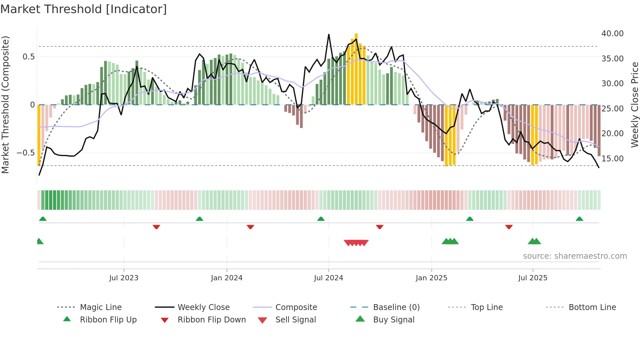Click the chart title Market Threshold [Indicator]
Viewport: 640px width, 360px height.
[84, 9]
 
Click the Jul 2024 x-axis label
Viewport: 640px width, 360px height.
[328, 278]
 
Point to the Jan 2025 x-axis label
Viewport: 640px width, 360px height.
[431, 278]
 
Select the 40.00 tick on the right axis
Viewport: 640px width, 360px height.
[612, 33]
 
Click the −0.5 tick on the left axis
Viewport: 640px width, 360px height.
[25, 153]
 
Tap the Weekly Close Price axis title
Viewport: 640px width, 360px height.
[634, 105]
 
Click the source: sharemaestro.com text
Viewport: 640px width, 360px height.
[575, 256]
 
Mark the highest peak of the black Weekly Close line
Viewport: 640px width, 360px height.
[329, 34]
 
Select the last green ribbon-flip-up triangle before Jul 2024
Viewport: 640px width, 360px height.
[321, 219]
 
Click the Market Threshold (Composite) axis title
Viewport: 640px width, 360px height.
[5, 105]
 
